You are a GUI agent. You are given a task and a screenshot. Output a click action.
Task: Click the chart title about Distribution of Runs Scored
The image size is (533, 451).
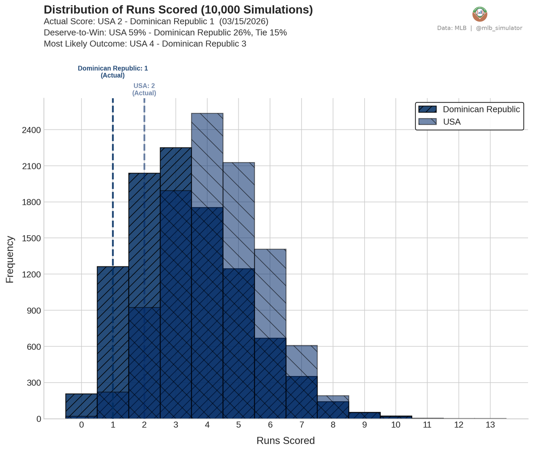coord(178,10)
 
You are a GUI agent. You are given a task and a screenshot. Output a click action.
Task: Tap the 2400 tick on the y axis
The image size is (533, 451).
coord(32,130)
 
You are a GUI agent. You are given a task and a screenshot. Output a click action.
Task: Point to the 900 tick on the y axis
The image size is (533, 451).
coord(34,311)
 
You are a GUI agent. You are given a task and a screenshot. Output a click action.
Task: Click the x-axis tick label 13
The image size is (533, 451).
coord(490,425)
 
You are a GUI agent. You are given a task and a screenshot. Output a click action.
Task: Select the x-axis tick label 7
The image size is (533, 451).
coord(302,425)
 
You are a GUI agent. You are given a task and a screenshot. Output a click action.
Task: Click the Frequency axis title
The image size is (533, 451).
coord(10,259)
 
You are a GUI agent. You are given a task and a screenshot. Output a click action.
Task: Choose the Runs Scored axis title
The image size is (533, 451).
coord(286,441)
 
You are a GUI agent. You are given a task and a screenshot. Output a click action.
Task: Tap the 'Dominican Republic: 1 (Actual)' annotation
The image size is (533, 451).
coord(113,72)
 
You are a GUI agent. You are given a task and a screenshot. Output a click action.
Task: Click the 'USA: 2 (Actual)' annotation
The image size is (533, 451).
coord(144,89)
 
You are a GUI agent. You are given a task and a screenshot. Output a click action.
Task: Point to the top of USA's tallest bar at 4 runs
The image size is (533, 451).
coord(207,114)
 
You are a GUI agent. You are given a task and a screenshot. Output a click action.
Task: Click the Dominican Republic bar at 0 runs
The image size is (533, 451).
coord(81,405)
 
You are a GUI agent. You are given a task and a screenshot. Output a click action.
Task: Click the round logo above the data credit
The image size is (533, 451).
coord(480,14)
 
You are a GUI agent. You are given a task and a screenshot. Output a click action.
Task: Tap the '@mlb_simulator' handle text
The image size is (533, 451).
coord(499,28)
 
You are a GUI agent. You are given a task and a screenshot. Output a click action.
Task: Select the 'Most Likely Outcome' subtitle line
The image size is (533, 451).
coord(145,44)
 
